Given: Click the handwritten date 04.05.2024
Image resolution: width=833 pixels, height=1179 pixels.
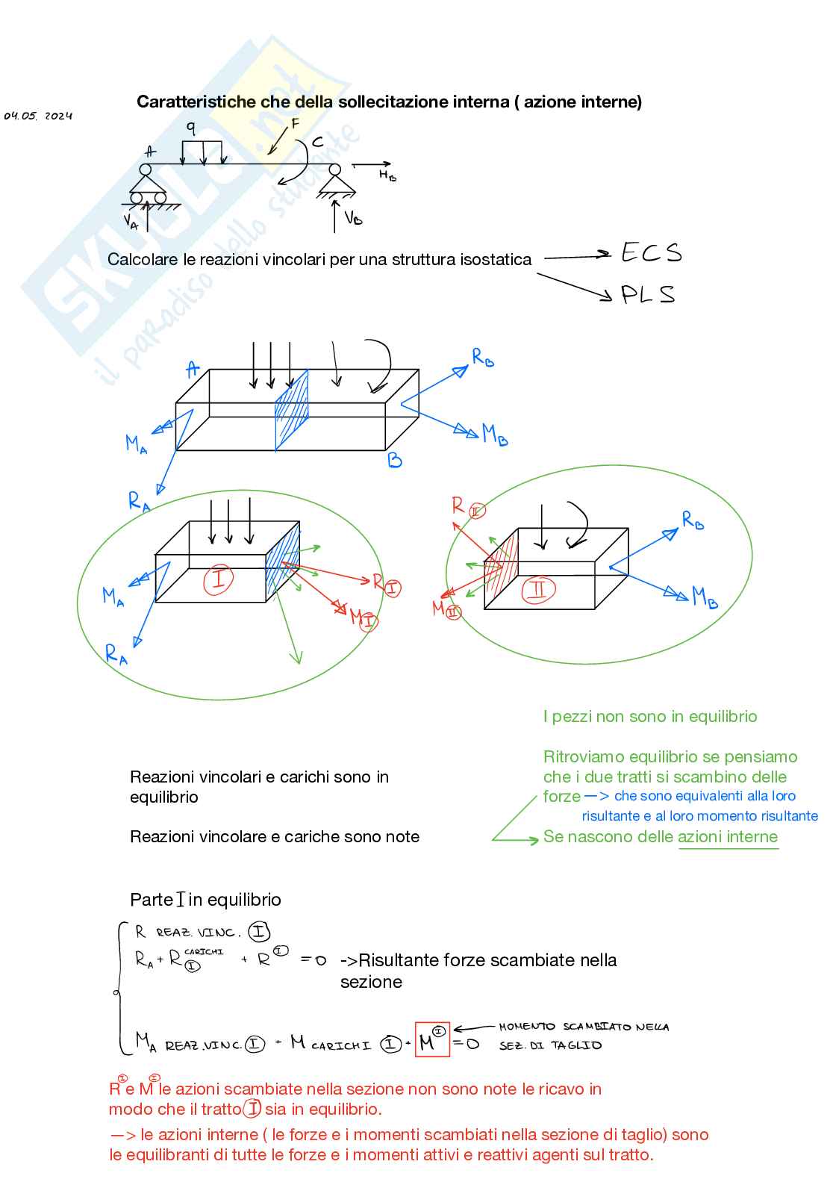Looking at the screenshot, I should (38, 116).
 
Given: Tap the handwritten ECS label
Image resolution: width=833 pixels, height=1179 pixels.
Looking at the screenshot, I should (651, 253).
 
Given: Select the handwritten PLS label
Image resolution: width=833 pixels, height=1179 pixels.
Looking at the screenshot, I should (647, 294).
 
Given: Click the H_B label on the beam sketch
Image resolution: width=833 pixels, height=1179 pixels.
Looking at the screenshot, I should (387, 175).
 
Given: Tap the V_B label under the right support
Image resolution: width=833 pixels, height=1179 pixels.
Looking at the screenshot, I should (353, 217).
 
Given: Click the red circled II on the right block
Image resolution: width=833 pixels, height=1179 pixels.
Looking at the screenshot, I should (537, 590).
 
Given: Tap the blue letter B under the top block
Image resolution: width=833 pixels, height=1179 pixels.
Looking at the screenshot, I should (395, 461).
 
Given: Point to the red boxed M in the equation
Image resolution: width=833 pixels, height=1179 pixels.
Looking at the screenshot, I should (432, 1040).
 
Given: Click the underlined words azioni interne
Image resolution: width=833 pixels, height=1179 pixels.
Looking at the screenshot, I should (728, 837).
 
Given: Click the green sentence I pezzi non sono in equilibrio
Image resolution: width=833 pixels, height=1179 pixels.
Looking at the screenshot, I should (649, 717).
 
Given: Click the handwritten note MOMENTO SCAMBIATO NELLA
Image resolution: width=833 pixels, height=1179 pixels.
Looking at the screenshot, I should (584, 1027).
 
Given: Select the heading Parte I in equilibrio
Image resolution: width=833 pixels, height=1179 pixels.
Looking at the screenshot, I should (205, 900).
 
